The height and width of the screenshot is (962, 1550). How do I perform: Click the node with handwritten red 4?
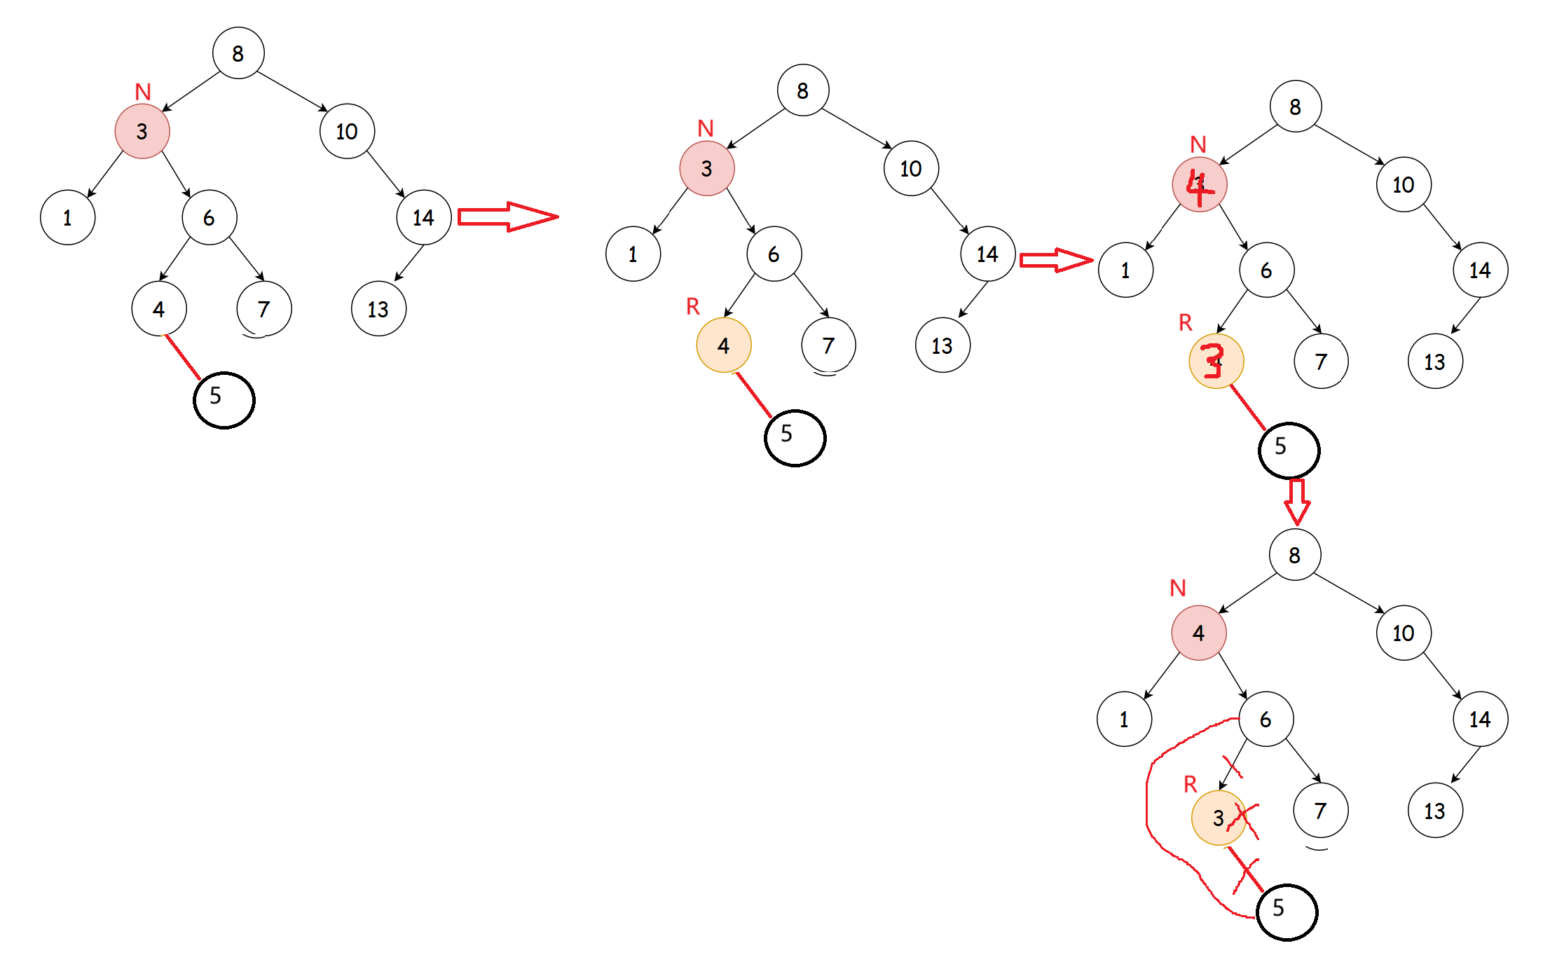point(1199,185)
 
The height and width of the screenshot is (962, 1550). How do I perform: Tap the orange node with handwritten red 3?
point(1216,362)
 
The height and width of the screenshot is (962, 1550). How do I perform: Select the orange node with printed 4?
point(723,345)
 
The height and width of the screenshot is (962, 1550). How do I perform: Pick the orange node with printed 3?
point(1218,818)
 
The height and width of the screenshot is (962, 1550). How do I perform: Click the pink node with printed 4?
point(1198,633)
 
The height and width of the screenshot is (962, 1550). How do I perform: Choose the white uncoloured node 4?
point(158,309)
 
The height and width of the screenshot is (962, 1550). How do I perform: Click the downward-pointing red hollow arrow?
point(1296,502)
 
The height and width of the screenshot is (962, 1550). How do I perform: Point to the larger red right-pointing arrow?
point(507,217)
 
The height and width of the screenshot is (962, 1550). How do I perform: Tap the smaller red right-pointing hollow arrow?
point(1055,261)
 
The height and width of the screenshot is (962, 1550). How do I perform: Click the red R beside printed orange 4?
point(693,306)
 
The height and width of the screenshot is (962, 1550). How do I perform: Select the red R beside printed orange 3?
point(1190,784)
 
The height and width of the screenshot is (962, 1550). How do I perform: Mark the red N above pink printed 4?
point(1178,588)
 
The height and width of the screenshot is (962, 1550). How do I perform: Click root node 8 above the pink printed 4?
point(1294,555)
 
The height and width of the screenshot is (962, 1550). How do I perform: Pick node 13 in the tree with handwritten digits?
point(1434,362)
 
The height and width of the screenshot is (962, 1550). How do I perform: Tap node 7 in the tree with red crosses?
point(1320,811)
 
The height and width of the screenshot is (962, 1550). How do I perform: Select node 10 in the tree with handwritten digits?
point(1403,185)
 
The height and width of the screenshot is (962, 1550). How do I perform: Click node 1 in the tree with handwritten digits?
point(1125,270)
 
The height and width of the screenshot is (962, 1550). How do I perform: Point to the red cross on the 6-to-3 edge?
point(1233,766)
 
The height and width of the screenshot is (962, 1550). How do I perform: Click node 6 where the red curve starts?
point(1266,720)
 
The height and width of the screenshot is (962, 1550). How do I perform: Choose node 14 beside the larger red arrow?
point(423,217)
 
